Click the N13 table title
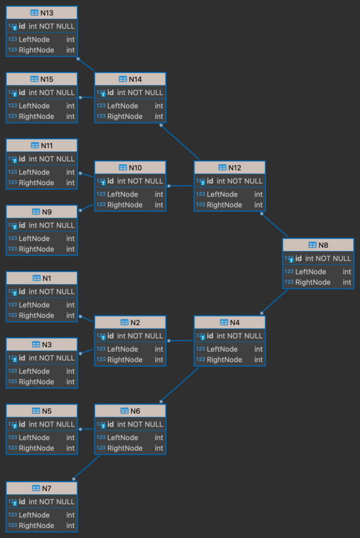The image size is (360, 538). pos(47,13)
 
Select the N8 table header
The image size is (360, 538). pos(323,245)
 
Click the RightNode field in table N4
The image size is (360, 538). pos(224,360)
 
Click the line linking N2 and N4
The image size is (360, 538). pos(180,341)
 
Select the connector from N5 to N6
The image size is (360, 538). pos(86,429)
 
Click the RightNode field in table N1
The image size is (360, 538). pos(36,316)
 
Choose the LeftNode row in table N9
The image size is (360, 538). pos(34,239)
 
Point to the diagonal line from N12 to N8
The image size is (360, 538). pos(274,225)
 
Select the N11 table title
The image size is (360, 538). pos(47,146)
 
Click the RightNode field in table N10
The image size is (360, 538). pos(125,205)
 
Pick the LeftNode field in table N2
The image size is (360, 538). pos(122,349)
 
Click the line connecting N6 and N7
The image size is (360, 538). pos(87,467)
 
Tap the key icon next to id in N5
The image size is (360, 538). pos(14,425)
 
